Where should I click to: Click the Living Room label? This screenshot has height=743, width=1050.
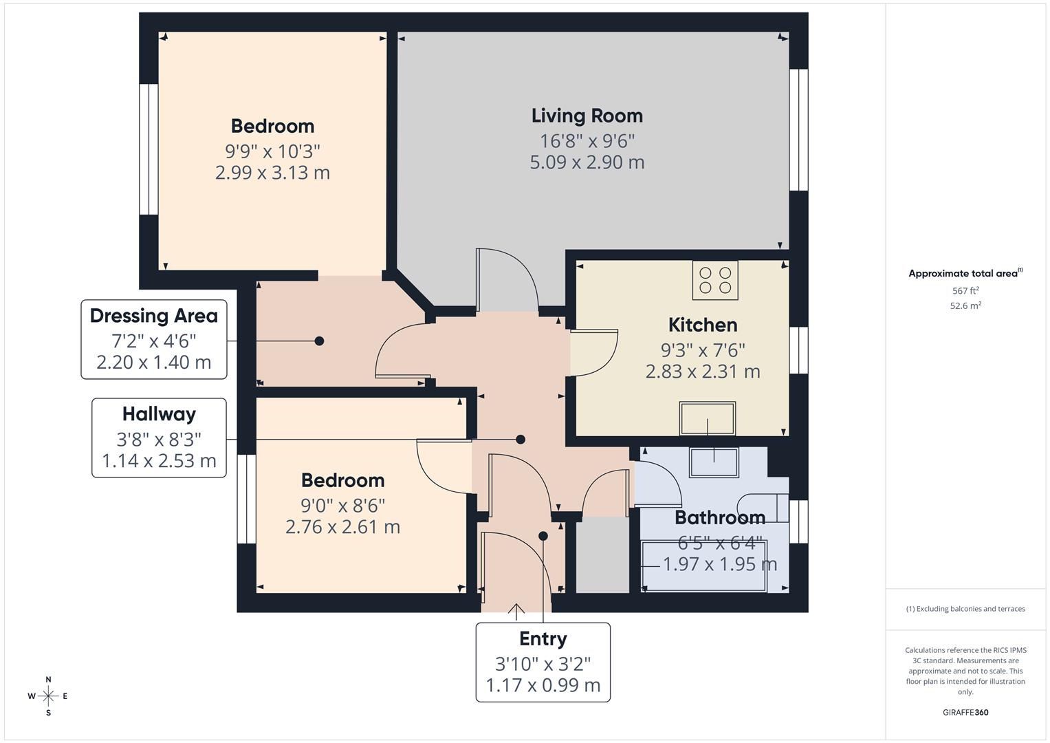point(587,116)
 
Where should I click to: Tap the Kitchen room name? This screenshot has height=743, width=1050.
point(702,325)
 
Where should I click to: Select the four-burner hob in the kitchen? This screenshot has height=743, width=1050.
point(715,280)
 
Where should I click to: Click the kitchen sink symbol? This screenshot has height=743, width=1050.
point(708,418)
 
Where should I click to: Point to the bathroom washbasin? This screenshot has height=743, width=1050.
point(714,462)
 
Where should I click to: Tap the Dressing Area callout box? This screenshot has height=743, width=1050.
point(154,339)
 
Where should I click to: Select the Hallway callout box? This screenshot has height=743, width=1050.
point(159,438)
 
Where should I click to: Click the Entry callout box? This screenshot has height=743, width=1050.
point(543,662)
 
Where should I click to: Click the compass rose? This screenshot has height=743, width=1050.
point(48,696)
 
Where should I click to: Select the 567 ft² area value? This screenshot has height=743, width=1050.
point(965,291)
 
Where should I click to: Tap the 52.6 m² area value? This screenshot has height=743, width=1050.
point(965,306)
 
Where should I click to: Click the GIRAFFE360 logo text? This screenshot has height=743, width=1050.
point(965,712)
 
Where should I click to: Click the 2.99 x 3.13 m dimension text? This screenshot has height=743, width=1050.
point(272,173)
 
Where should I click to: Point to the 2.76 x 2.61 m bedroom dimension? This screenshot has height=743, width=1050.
point(342,527)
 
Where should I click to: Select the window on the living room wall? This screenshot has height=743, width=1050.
point(798,129)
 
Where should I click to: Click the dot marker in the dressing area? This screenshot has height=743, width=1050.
point(319,341)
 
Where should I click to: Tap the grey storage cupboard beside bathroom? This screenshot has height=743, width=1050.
point(602,556)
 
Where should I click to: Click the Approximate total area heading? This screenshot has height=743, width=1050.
point(965,274)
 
